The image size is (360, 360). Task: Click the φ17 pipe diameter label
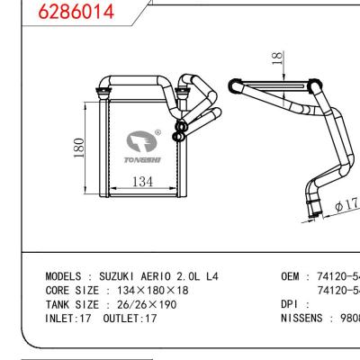coord(346,205)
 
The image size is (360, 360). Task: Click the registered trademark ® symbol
coord(158,133)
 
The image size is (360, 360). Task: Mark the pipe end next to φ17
coord(315,212)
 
